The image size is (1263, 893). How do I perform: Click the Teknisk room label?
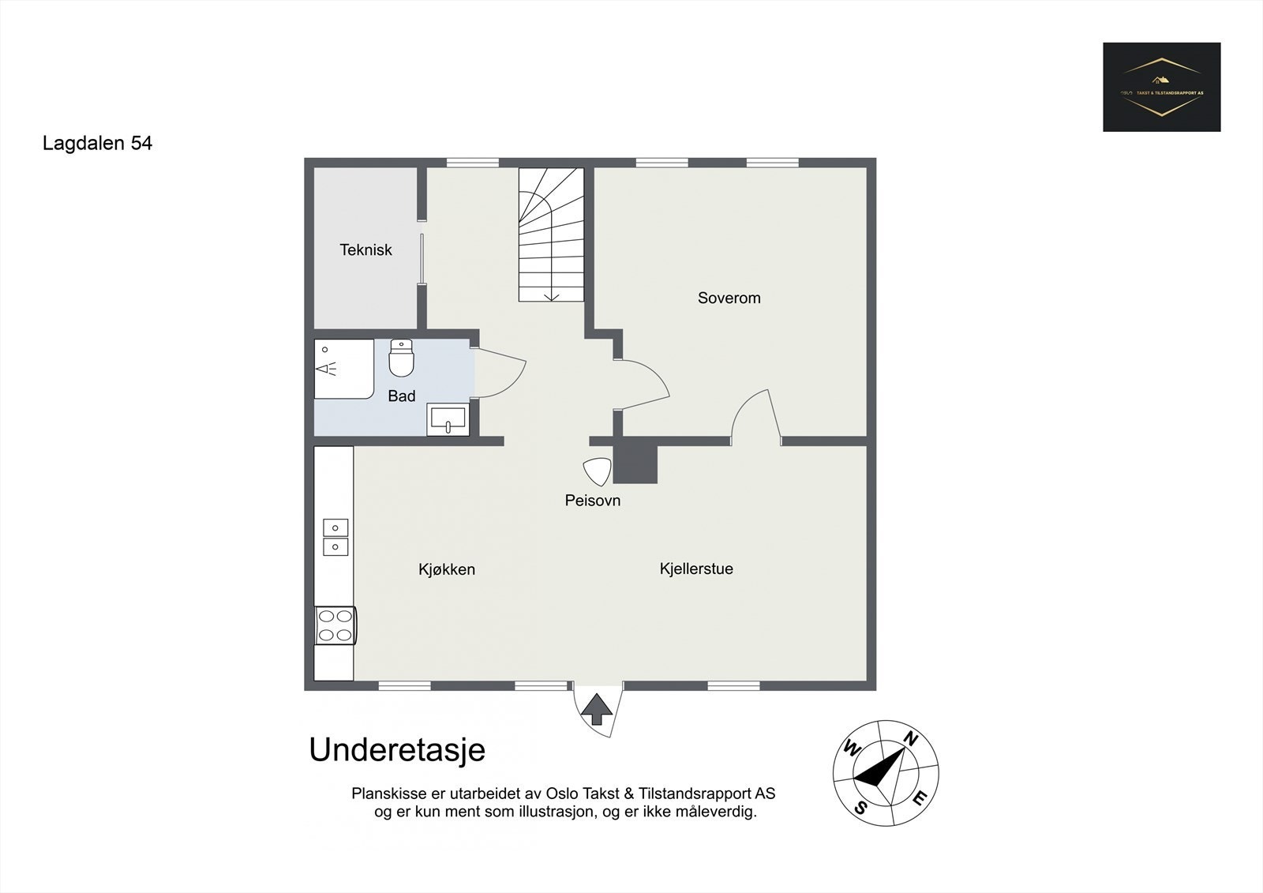(365, 250)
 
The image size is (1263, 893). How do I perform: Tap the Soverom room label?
(729, 298)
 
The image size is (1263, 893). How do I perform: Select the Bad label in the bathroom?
(401, 396)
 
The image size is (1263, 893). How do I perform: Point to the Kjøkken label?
(447, 569)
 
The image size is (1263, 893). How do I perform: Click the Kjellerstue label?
(696, 568)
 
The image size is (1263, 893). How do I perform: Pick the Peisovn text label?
(592, 501)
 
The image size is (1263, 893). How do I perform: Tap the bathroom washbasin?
(448, 419)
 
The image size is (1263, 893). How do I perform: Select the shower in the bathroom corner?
(343, 369)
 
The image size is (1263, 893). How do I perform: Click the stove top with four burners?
(335, 625)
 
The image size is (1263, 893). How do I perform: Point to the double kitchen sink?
(335, 537)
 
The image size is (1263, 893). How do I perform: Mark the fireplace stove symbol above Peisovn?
(598, 471)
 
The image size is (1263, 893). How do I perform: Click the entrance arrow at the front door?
(597, 708)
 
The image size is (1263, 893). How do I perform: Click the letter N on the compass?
(909, 739)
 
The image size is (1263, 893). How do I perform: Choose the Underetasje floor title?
(397, 750)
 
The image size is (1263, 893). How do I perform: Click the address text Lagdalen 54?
(97, 144)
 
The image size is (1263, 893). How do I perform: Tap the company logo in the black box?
(1161, 87)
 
